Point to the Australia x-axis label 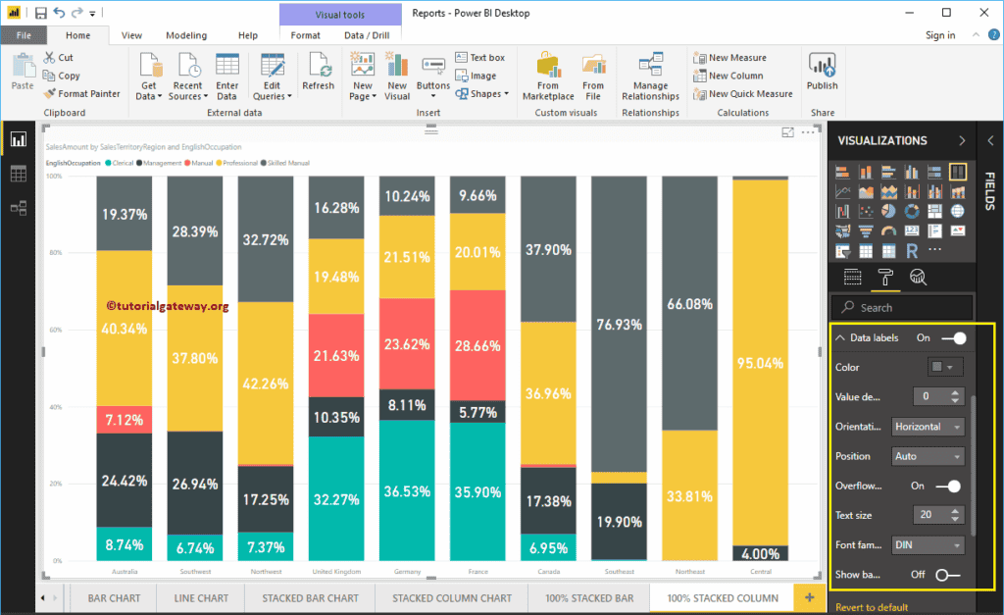pyautogui.click(x=125, y=571)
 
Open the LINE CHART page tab pyautogui.click(x=200, y=597)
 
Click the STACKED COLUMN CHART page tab pyautogui.click(x=452, y=597)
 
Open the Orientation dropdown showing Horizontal pyautogui.click(x=929, y=427)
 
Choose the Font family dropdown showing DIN pyautogui.click(x=929, y=544)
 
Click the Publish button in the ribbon pyautogui.click(x=822, y=73)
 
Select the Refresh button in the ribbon pyautogui.click(x=318, y=73)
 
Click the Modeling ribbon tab pyautogui.click(x=185, y=35)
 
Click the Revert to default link pyautogui.click(x=872, y=607)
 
